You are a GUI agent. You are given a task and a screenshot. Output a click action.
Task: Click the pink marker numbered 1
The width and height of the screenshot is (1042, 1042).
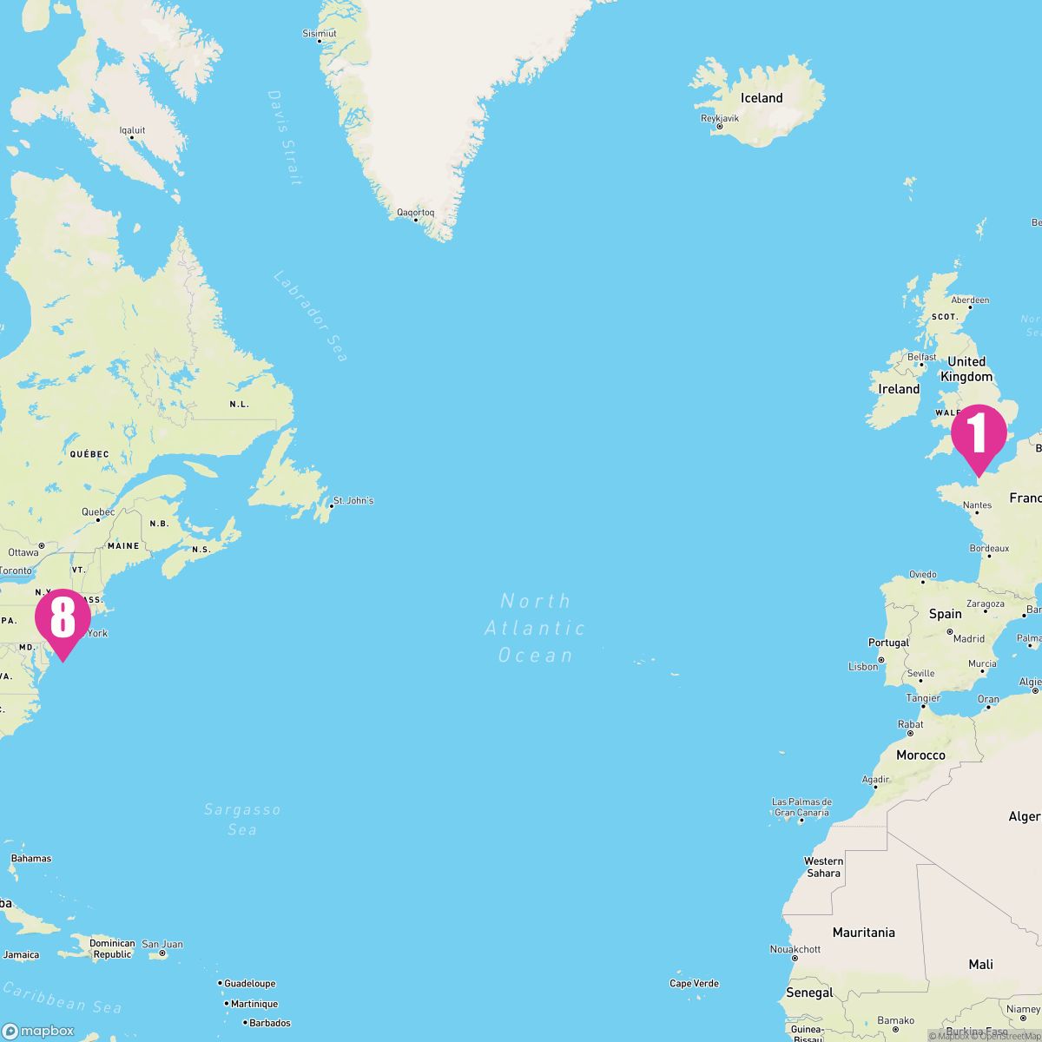click(978, 434)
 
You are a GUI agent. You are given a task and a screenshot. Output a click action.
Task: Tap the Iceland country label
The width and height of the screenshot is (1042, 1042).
click(762, 98)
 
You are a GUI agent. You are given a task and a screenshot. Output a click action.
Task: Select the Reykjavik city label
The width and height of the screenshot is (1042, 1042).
click(721, 119)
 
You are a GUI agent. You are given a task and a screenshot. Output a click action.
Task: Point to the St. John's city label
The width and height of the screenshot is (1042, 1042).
click(353, 501)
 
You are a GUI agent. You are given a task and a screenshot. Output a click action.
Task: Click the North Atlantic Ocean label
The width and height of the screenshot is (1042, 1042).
click(535, 627)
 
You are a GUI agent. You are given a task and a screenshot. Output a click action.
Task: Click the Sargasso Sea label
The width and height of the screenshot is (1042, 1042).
click(242, 819)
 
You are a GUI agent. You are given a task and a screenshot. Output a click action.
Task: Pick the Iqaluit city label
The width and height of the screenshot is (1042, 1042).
click(132, 130)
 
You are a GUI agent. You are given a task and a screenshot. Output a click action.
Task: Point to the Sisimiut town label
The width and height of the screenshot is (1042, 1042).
click(319, 33)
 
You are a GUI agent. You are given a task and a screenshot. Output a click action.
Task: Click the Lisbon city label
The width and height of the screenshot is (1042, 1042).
click(863, 666)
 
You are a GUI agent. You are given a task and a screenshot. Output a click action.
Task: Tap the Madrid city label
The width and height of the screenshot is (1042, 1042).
click(969, 638)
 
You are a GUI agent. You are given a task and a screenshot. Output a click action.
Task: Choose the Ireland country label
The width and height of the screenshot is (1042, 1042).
click(899, 389)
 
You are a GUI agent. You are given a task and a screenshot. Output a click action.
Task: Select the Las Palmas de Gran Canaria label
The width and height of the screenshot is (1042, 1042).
click(801, 808)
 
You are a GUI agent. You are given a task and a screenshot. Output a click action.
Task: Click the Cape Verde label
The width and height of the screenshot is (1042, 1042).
click(694, 983)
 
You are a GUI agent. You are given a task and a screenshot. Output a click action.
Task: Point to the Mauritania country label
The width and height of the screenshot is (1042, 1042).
click(863, 933)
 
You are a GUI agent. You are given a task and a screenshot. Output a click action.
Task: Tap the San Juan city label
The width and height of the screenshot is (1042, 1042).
click(162, 944)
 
